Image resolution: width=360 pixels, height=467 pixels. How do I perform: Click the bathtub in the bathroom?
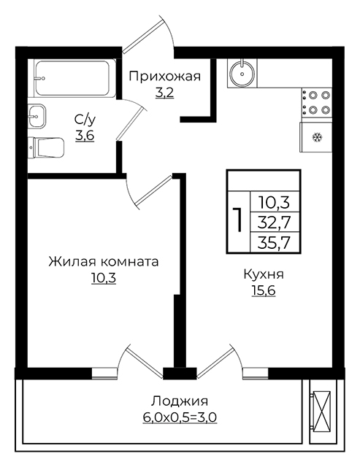click(x=74, y=78)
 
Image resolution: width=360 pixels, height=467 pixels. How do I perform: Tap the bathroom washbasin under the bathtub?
click(x=37, y=116)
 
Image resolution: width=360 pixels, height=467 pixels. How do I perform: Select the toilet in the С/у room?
click(x=46, y=147)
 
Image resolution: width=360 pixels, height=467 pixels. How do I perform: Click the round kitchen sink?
click(x=242, y=73)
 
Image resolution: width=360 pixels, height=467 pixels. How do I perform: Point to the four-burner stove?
click(x=316, y=102)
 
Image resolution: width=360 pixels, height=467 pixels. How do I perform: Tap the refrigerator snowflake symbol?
click(x=317, y=138)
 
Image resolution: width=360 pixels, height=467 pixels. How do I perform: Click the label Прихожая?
click(x=165, y=77)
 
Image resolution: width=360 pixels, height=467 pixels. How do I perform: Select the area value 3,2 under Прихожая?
click(x=164, y=93)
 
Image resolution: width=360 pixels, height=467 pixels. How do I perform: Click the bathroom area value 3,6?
click(x=85, y=136)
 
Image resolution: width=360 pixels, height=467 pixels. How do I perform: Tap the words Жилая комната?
click(x=104, y=262)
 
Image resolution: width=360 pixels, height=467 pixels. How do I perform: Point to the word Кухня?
click(x=264, y=274)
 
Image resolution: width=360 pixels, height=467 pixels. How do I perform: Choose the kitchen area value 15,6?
click(x=264, y=291)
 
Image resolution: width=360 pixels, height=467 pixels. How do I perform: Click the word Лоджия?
click(x=180, y=401)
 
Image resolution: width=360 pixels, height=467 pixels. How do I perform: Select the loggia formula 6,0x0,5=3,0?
click(x=180, y=417)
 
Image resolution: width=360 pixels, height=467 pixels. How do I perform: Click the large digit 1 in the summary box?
click(x=238, y=220)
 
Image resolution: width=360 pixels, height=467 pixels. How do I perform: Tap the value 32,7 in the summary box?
click(x=274, y=222)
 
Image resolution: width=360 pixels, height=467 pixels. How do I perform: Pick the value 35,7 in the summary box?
click(x=274, y=243)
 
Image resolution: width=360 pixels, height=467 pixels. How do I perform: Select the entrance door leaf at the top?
click(x=143, y=34)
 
